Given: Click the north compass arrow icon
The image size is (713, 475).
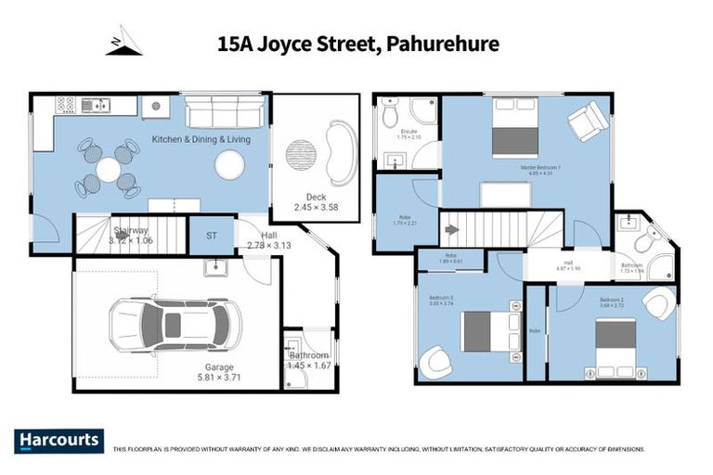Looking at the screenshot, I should pyautogui.click(x=123, y=42).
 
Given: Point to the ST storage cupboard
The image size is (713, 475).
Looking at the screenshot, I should pyautogui.click(x=211, y=236).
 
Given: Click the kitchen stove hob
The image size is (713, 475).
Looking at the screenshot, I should pyautogui.click(x=66, y=105).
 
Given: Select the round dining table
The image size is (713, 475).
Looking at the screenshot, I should pyautogui.click(x=109, y=169).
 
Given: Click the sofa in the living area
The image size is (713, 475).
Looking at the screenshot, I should pyautogui.click(x=224, y=113).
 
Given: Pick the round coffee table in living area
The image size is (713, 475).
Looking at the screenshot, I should pyautogui.click(x=229, y=164).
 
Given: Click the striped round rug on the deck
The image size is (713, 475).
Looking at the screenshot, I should pyautogui.click(x=300, y=154).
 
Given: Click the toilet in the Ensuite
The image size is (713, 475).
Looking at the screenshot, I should pyautogui.click(x=391, y=112).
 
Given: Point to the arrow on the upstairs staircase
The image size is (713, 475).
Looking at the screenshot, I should pyautogui.click(x=452, y=229).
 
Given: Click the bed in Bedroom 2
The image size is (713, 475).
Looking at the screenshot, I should pyautogui.click(x=614, y=344).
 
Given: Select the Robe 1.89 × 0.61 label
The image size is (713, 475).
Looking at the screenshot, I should pyautogui.click(x=449, y=259).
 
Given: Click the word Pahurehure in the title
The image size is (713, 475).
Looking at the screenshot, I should pyautogui.click(x=443, y=43).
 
